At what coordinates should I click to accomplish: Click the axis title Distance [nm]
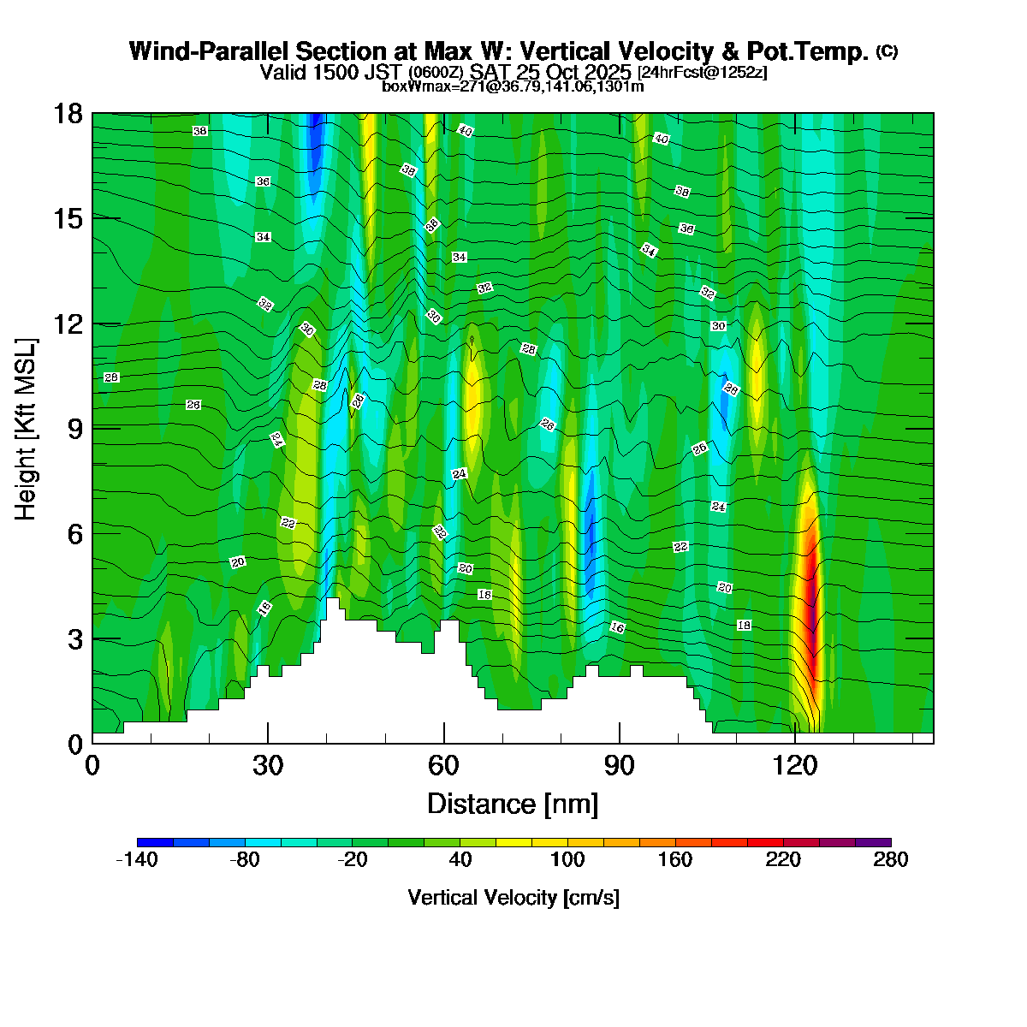point(513,804)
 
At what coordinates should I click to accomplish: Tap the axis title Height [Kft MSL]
point(27,429)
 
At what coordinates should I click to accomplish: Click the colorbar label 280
point(891,860)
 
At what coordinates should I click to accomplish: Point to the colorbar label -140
point(137,860)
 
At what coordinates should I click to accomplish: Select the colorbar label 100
point(567,860)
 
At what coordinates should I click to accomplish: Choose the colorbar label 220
point(783,860)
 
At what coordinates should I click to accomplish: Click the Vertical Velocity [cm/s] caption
point(513,898)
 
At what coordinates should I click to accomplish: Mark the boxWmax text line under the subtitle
point(513,86)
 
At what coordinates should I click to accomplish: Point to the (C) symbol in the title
point(887,51)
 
